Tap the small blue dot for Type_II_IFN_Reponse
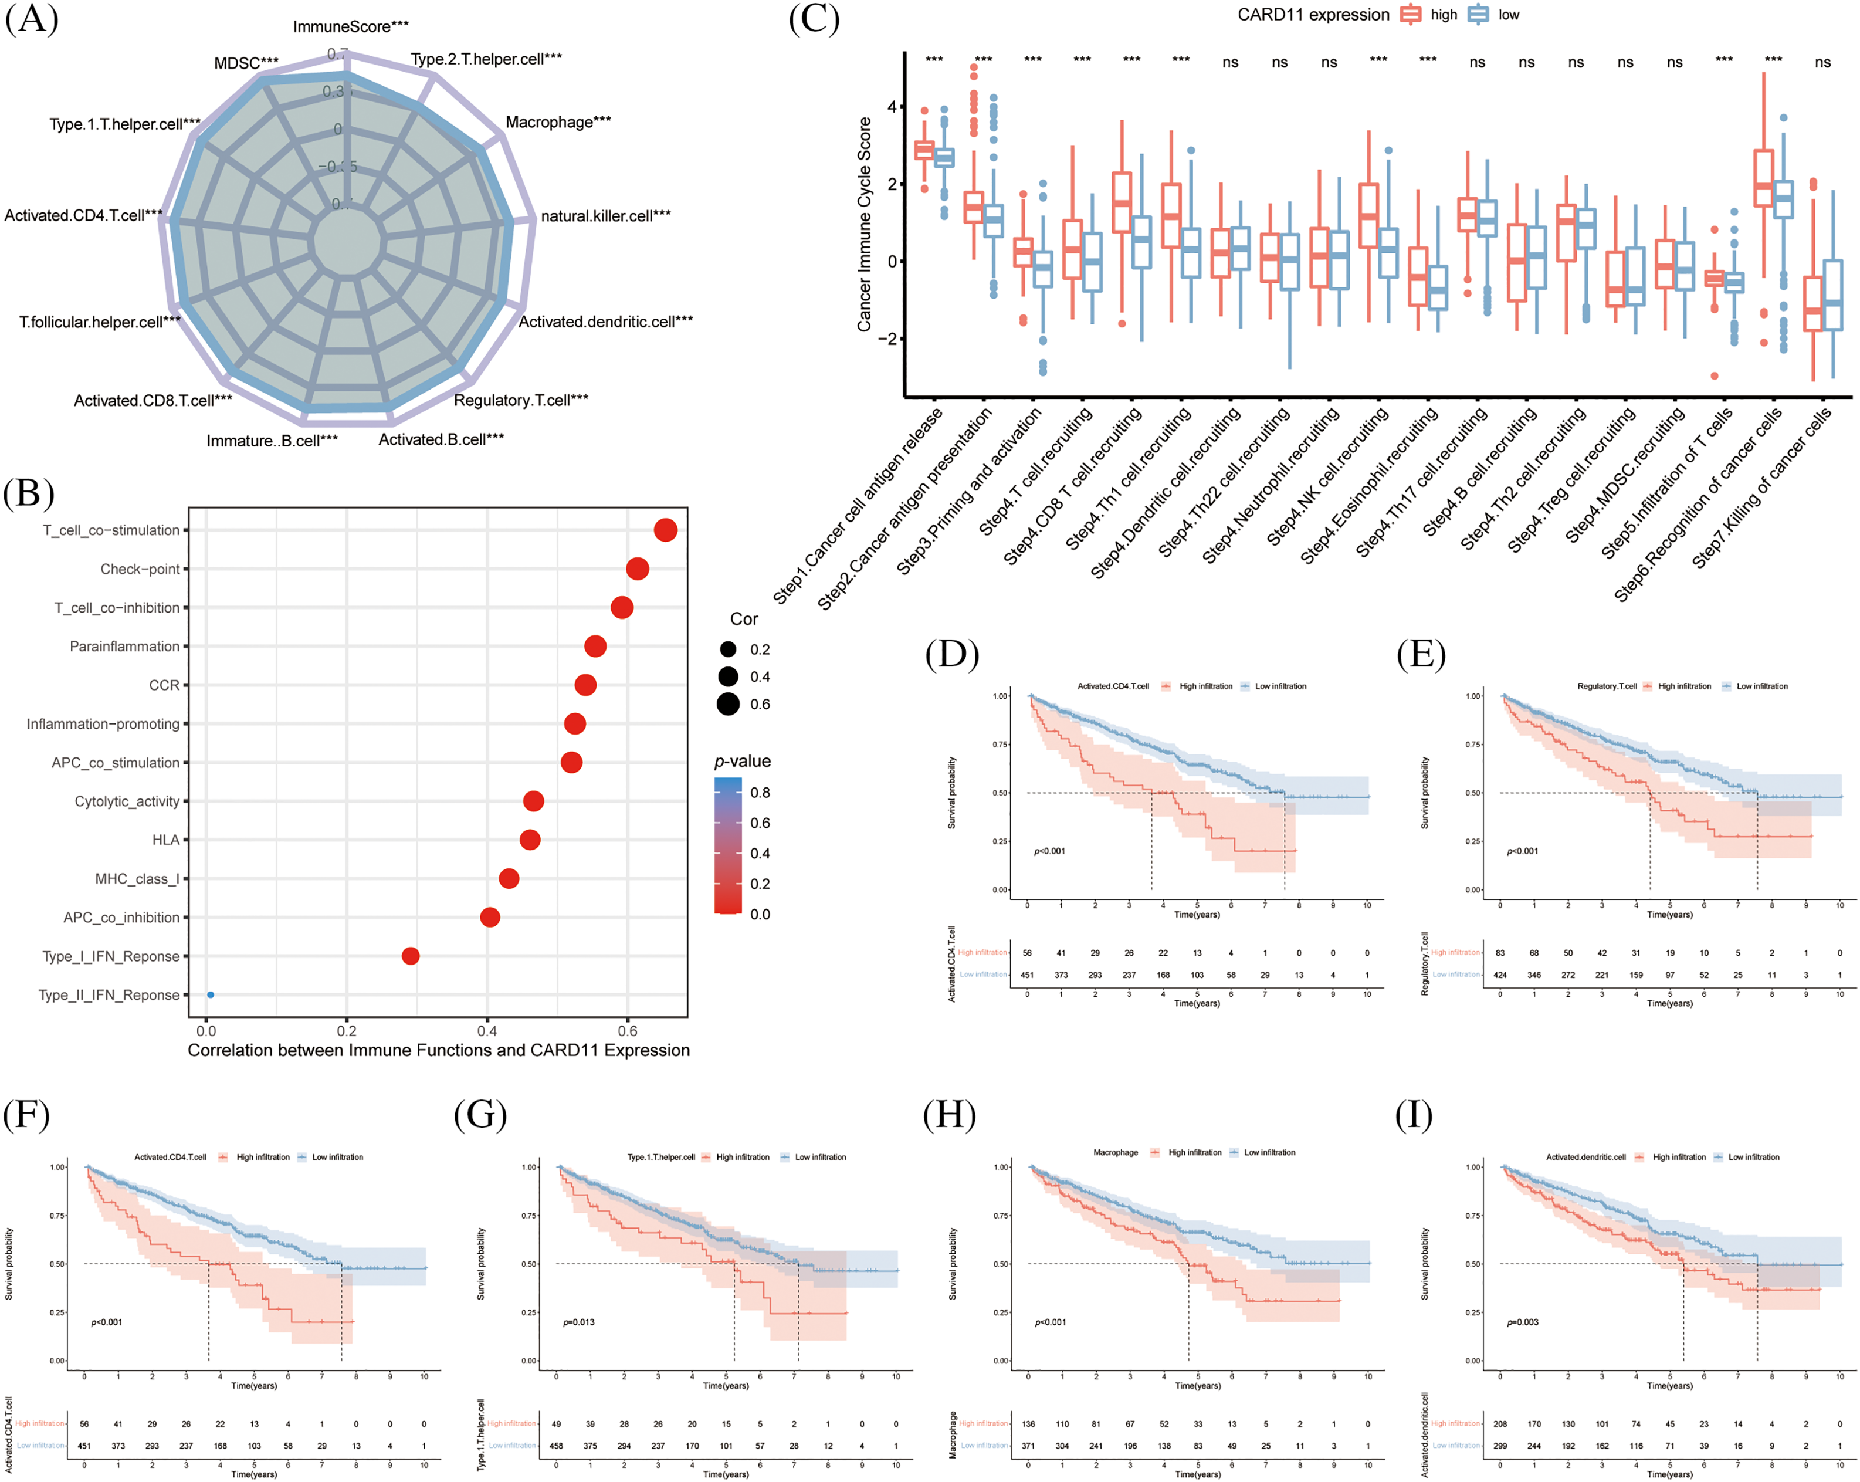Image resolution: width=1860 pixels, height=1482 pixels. (x=211, y=994)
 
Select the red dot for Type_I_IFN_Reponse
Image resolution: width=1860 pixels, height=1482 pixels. (x=411, y=956)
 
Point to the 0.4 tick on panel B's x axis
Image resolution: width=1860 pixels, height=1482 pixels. (x=487, y=1031)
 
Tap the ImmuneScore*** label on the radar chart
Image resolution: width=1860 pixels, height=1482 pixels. (x=350, y=27)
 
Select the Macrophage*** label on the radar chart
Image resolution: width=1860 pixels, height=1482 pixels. (x=557, y=121)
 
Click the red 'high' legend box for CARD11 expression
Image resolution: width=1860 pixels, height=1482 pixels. (x=1411, y=15)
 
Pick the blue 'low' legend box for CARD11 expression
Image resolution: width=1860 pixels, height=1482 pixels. (x=1479, y=15)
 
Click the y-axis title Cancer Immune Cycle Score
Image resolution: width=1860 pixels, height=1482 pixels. (x=863, y=225)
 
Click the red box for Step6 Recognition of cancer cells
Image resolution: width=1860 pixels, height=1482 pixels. (x=1763, y=178)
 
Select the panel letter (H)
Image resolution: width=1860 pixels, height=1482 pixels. (x=949, y=1115)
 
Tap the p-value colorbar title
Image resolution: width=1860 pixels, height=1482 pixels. (x=742, y=762)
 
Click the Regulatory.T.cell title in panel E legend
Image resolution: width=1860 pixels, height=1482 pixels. (x=1607, y=686)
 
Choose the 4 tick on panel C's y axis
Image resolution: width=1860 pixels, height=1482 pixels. (x=892, y=107)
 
